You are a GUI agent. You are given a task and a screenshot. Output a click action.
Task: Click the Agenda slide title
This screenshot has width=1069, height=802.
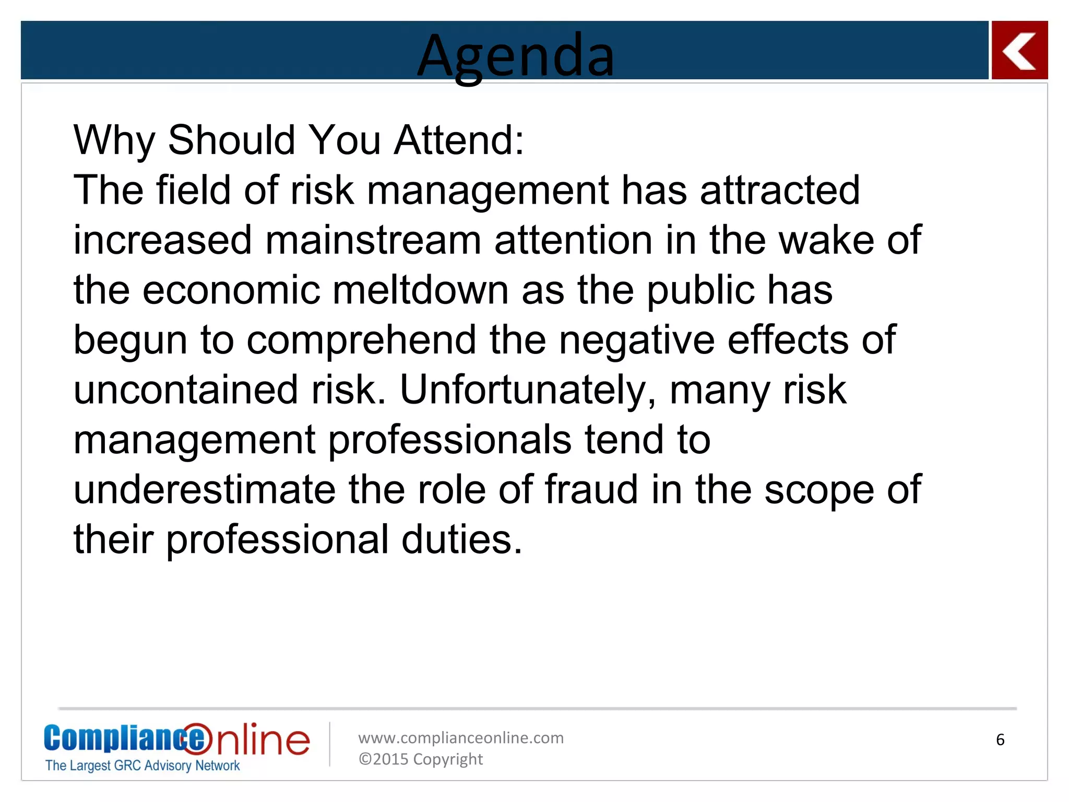tap(516, 55)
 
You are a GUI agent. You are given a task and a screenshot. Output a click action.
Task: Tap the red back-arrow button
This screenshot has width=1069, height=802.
tap(1019, 51)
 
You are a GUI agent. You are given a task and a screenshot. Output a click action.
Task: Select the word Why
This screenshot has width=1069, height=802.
tap(114, 141)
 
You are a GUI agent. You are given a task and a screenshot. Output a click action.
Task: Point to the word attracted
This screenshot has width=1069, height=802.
tap(779, 190)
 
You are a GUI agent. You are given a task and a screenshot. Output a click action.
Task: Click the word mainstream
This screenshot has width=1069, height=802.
tap(373, 240)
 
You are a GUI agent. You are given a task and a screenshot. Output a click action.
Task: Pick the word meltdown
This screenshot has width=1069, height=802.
tap(420, 290)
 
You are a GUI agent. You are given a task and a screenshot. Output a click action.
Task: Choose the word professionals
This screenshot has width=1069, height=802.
tap(449, 440)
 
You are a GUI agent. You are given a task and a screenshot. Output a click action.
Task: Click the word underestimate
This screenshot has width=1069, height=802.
tap(205, 490)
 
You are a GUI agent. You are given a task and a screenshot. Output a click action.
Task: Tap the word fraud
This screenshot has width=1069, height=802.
tap(591, 490)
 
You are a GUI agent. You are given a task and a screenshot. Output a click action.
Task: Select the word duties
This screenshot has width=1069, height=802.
tap(461, 540)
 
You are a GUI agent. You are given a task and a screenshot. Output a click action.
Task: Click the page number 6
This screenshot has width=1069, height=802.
tap(1000, 740)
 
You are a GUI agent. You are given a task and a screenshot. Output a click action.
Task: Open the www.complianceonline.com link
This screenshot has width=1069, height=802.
tap(461, 738)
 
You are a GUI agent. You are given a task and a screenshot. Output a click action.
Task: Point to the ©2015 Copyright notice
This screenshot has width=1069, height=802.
tap(421, 759)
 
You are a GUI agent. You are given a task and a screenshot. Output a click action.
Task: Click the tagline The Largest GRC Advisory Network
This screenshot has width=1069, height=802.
tap(142, 765)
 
